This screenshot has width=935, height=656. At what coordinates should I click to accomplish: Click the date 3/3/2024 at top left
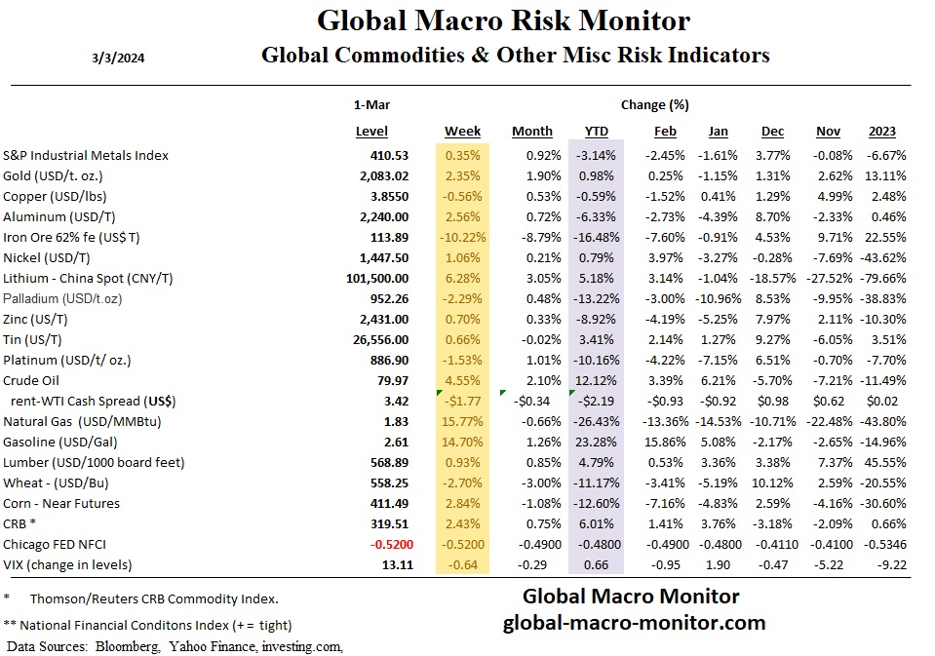pos(118,56)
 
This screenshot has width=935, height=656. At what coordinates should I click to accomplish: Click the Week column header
pos(462,132)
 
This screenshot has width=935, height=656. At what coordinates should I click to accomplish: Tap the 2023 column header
pos(881,132)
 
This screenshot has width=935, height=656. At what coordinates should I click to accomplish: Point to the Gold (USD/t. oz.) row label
pos(66,175)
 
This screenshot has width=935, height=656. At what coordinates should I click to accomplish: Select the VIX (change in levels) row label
pos(68,564)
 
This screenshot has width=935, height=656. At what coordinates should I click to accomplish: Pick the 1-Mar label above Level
pos(371,104)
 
